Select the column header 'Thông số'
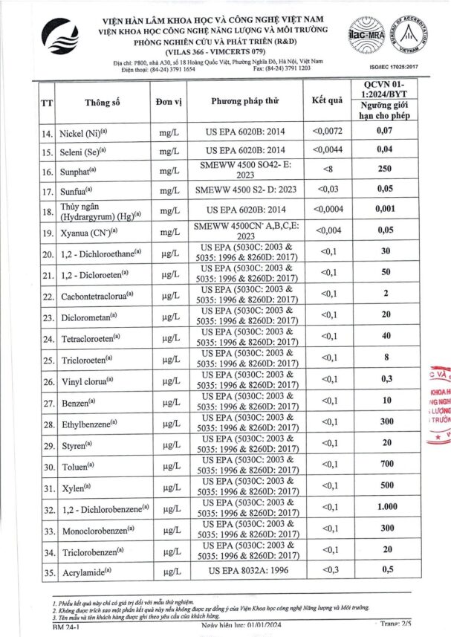[x=103, y=103]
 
